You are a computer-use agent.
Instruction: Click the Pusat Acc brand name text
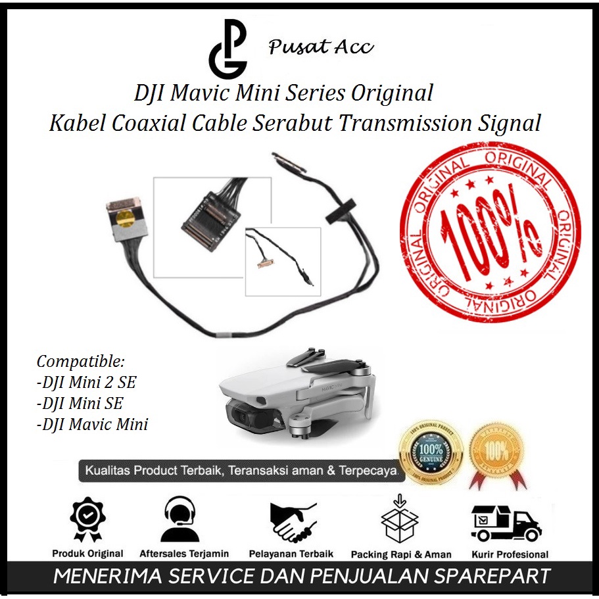321,47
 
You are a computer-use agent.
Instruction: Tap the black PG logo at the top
228,49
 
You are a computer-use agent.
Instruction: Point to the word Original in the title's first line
392,93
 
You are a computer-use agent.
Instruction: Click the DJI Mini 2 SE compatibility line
87,382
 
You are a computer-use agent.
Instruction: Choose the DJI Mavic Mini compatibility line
92,424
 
